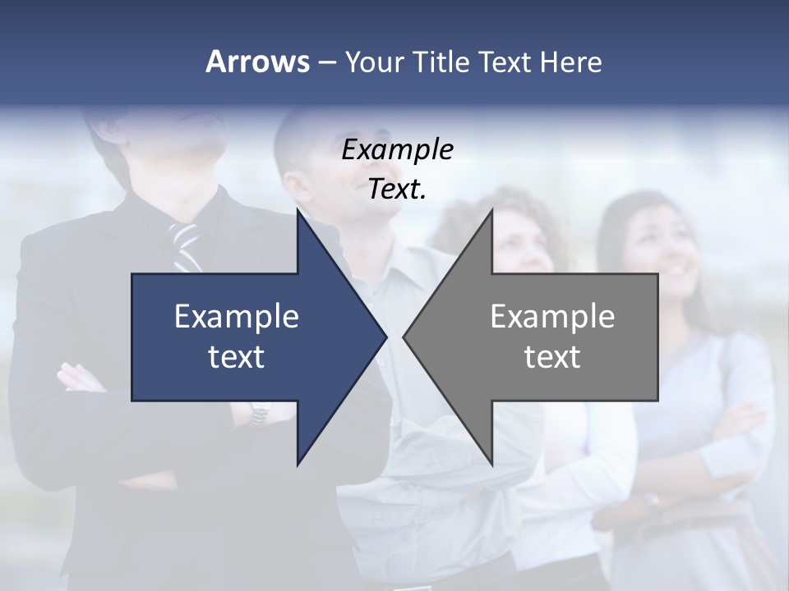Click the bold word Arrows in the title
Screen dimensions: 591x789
[x=257, y=62]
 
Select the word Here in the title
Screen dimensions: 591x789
[x=570, y=62]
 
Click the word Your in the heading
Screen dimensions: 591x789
[x=375, y=62]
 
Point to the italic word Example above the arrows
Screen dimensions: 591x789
[x=397, y=149]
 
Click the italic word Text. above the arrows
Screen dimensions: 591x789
[x=397, y=190]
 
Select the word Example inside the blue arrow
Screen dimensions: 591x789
[x=237, y=317]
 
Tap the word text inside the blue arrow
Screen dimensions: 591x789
[x=237, y=357]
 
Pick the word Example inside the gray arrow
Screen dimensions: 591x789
[x=552, y=317]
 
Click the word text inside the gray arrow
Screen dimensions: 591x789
[x=552, y=357]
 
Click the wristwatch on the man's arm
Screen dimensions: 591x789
[x=261, y=413]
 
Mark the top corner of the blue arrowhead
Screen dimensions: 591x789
[x=298, y=210]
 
